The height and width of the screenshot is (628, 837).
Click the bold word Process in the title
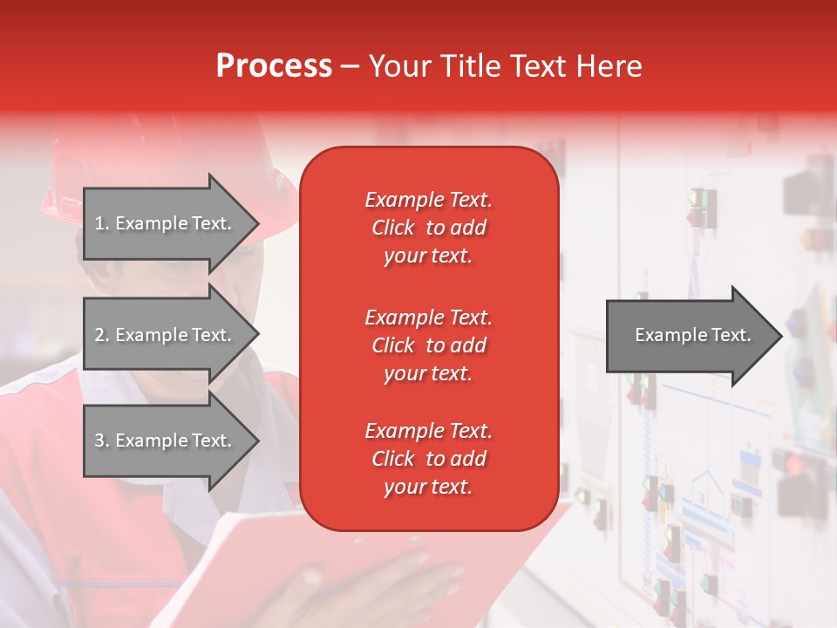[274, 66]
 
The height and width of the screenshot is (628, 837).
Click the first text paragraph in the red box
[428, 228]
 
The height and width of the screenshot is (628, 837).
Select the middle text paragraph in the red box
[428, 345]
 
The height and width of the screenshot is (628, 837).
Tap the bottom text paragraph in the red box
[428, 459]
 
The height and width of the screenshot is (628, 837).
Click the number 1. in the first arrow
[102, 223]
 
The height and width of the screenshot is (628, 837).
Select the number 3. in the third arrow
[102, 440]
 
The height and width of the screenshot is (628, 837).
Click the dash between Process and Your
[350, 66]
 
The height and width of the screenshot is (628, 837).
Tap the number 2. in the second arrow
[102, 335]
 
